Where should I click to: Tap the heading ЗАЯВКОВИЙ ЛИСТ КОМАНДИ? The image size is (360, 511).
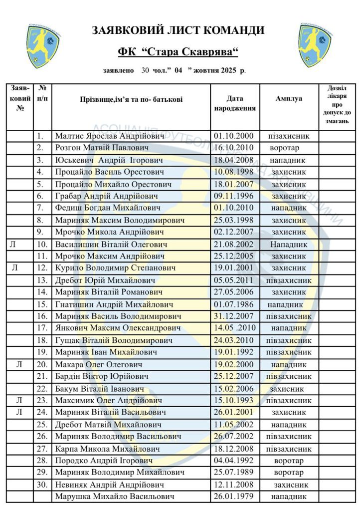pyautogui.click(x=178, y=30)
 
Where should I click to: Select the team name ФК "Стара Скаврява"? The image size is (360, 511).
pyautogui.click(x=178, y=52)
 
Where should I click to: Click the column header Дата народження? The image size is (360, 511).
pyautogui.click(x=235, y=103)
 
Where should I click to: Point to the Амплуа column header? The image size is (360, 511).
pyautogui.click(x=289, y=99)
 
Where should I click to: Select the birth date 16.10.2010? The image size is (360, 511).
pyautogui.click(x=234, y=148)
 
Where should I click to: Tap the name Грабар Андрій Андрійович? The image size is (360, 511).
pyautogui.click(x=107, y=196)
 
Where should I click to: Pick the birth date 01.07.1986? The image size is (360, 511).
pyautogui.click(x=234, y=304)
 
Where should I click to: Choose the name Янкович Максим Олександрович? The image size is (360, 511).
pyautogui.click(x=118, y=328)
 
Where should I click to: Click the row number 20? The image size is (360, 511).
pyautogui.click(x=42, y=364)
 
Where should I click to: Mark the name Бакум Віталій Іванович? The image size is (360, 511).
pyautogui.click(x=100, y=388)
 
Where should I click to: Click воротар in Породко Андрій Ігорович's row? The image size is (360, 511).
pyautogui.click(x=289, y=461)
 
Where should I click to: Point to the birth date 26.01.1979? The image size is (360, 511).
pyautogui.click(x=234, y=497)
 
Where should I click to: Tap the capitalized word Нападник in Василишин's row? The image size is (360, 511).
pyautogui.click(x=289, y=245)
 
